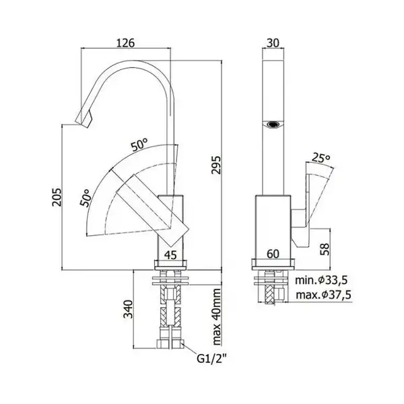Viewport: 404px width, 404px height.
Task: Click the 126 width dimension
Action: coord(125,43)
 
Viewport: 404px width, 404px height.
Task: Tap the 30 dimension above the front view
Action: coord(273,43)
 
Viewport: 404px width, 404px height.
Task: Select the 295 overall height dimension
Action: coord(216,165)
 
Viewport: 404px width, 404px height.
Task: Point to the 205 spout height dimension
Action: coord(57,197)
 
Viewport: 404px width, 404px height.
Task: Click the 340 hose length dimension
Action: coord(128,309)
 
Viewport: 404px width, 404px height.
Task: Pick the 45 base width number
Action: coord(170,255)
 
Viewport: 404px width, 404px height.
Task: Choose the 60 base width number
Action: coord(273,254)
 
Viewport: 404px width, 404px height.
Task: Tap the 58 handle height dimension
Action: coord(325,249)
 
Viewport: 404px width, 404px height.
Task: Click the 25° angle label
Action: coord(321,158)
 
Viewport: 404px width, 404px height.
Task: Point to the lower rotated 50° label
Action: coord(86,197)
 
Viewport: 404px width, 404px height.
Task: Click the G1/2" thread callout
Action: coord(211,358)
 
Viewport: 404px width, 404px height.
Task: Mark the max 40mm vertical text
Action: coord(217,317)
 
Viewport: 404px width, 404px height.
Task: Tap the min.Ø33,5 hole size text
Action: coord(321,280)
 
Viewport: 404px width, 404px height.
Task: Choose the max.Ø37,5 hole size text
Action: coord(323,295)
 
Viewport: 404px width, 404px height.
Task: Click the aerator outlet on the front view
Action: coord(273,125)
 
